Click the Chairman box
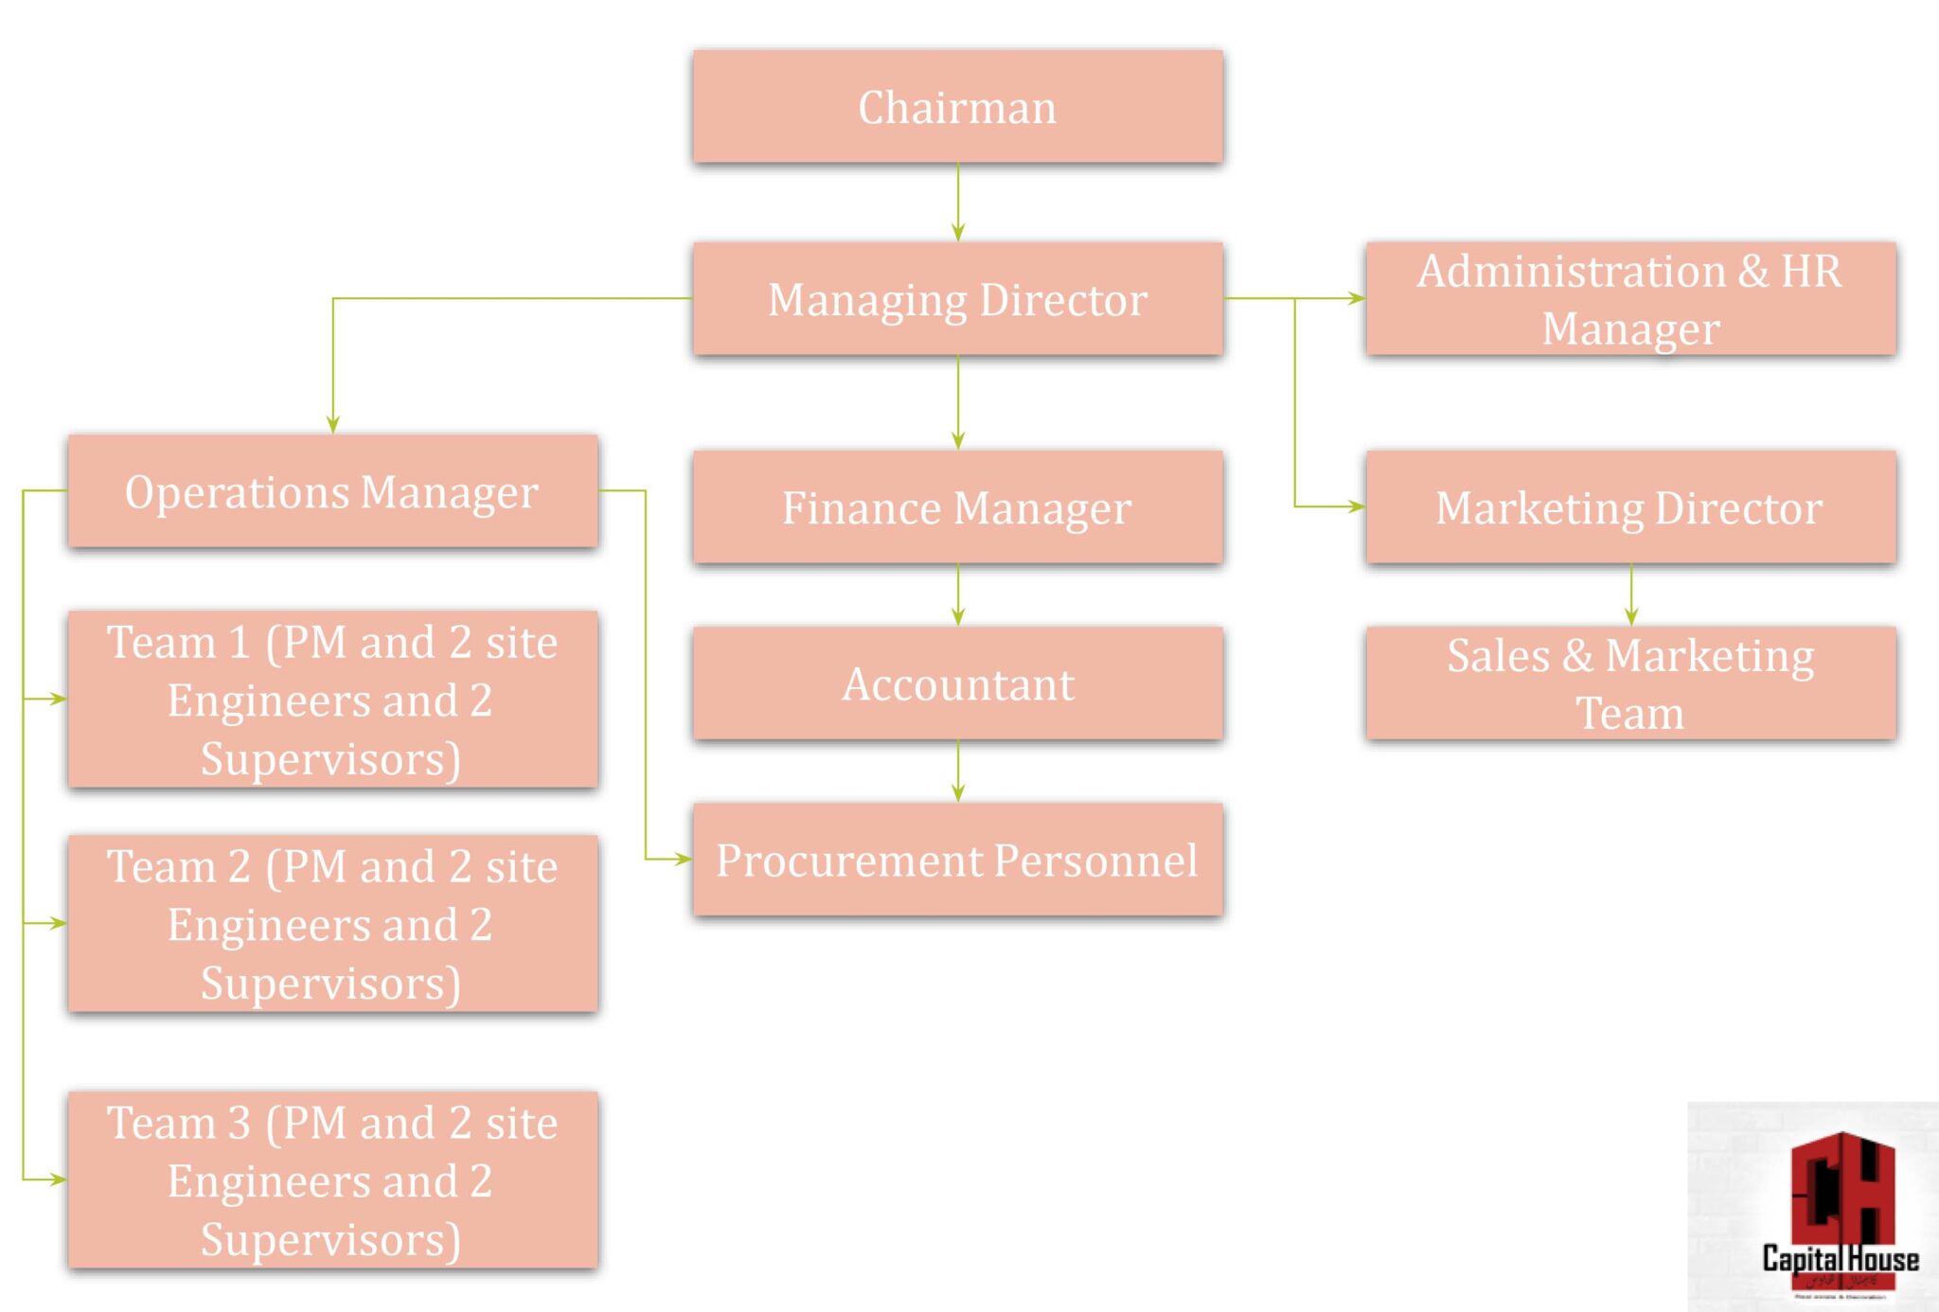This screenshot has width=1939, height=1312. (957, 107)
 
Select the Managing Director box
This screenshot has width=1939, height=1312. (957, 299)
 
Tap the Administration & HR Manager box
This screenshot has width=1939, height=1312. (1630, 299)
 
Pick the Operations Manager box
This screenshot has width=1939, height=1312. (332, 491)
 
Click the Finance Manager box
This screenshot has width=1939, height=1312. (957, 507)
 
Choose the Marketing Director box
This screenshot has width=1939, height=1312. (1630, 507)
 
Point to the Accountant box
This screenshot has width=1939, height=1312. (957, 683)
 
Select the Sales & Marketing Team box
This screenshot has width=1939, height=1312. (1630, 683)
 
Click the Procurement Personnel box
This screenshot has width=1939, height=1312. (957, 860)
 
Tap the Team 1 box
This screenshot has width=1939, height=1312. (332, 700)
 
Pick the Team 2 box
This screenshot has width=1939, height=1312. (332, 924)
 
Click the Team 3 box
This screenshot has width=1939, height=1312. (332, 1179)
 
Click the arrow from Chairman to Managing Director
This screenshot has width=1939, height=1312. (957, 202)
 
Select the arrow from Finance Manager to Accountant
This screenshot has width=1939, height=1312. (957, 594)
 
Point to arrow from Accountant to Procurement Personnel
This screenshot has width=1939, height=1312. (957, 771)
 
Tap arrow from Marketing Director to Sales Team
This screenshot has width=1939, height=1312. (1630, 594)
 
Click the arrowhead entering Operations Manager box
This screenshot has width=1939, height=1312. (332, 424)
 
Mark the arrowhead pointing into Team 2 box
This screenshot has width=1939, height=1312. (57, 923)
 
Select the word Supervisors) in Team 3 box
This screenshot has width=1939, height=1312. (330, 1239)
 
